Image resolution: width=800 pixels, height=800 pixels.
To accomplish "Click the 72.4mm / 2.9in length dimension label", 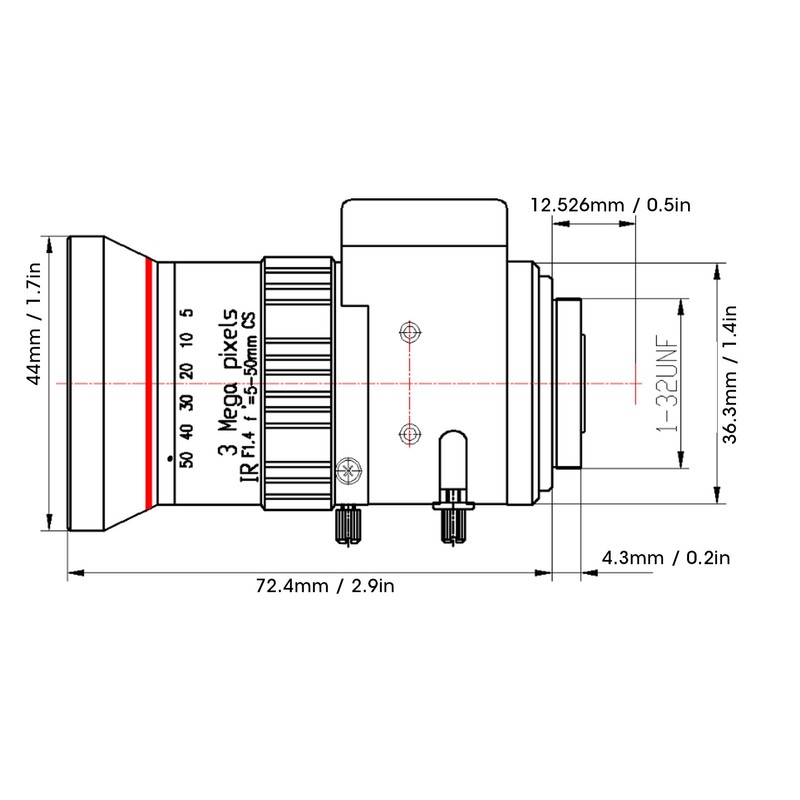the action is tap(325, 586).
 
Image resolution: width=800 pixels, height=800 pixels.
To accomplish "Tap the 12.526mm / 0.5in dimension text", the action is tap(611, 205).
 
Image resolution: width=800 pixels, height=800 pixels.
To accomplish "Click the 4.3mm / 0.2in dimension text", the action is tap(666, 558).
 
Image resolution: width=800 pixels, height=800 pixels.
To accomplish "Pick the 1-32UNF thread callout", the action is tap(668, 383).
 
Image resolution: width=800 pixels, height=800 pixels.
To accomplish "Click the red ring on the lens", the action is tap(149, 385).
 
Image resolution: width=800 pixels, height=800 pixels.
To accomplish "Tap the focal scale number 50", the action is tap(187, 460).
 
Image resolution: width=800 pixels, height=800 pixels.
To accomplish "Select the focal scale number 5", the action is tap(188, 312).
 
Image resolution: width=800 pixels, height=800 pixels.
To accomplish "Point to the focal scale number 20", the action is tap(187, 370).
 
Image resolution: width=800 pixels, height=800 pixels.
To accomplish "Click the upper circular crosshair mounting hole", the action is tap(410, 333).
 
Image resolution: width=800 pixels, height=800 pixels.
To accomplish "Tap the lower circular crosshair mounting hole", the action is tap(410, 434).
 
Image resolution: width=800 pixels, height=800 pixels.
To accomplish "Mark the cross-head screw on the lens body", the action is tap(349, 470).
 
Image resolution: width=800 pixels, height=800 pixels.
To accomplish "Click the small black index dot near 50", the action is tap(170, 459).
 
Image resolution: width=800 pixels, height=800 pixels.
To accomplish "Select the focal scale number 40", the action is tap(187, 431).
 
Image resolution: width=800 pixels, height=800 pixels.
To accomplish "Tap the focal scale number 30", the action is tap(187, 402).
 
